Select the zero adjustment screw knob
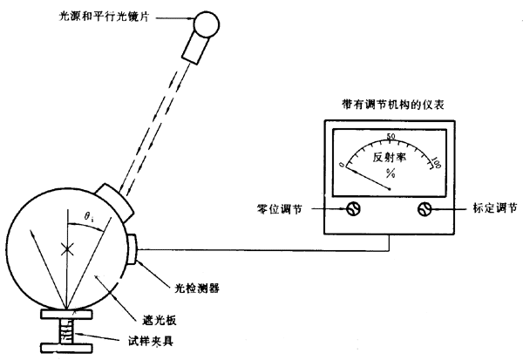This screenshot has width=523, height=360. (354, 209)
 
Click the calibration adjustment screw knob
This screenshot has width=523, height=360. (425, 209)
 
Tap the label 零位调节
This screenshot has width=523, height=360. (276, 209)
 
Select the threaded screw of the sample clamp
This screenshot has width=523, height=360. (66, 332)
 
